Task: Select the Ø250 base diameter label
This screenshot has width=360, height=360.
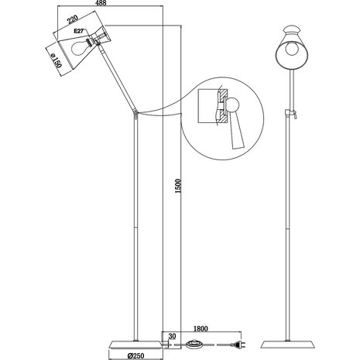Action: [137, 354]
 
